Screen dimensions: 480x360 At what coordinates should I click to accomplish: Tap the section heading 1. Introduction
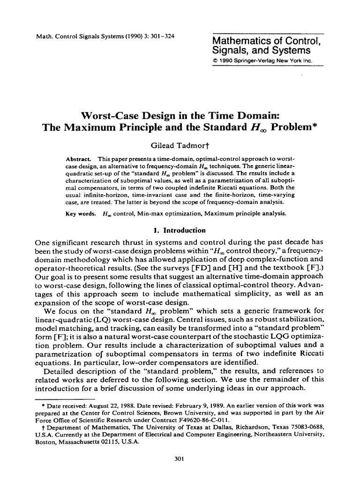pyautogui.click(x=180, y=230)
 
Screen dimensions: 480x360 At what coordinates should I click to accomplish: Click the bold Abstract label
pyautogui.click(x=77, y=159)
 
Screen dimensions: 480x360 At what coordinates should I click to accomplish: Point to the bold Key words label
pyautogui.click(x=81, y=213)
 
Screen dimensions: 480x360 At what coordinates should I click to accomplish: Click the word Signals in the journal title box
pyautogui.click(x=226, y=50)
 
